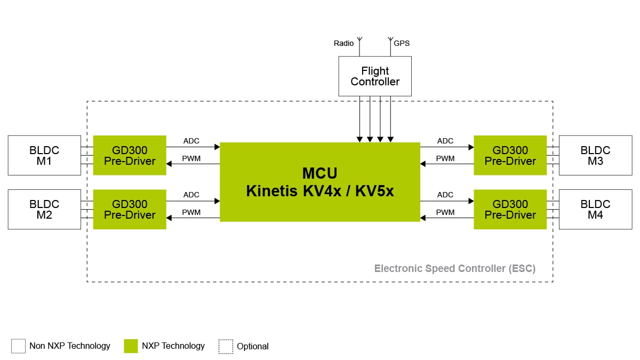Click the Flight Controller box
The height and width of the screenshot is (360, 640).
[x=375, y=76]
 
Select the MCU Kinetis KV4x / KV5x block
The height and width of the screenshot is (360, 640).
[x=320, y=182]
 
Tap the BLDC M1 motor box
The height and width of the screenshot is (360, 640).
[x=44, y=155]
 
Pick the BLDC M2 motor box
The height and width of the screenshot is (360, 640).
[x=44, y=209]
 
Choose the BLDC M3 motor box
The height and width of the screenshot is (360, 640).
[x=595, y=155]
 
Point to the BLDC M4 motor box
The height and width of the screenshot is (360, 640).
[x=595, y=209]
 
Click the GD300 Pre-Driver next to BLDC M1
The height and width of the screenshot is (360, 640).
[x=130, y=155]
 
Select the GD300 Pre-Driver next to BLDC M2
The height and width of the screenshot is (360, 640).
[x=130, y=209]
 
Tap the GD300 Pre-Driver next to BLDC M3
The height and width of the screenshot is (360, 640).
[x=510, y=155]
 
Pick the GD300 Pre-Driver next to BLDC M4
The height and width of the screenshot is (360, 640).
[x=510, y=209]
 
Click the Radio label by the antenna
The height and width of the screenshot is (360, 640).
[x=343, y=43]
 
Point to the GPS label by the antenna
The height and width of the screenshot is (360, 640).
[x=402, y=43]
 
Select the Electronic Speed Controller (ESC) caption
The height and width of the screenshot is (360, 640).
[x=454, y=268]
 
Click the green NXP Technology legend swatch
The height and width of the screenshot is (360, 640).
[x=131, y=346]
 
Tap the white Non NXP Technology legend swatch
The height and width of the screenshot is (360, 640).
[x=18, y=346]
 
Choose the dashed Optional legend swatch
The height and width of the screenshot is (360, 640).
[x=226, y=346]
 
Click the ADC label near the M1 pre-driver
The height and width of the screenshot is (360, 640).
[x=191, y=141]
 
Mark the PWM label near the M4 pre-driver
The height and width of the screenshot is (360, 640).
[x=445, y=212]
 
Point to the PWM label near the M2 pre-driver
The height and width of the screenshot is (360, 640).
[x=191, y=212]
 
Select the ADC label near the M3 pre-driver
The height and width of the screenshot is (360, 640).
[x=445, y=141]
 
